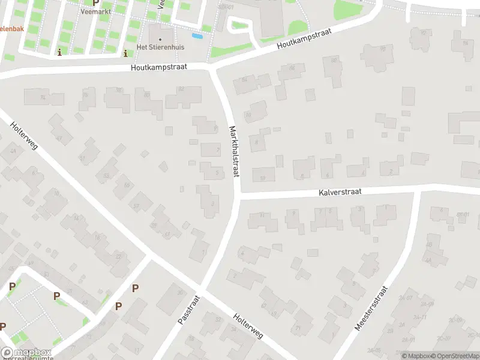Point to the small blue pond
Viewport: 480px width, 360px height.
[x=200, y=36]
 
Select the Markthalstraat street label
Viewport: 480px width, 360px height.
[x=234, y=151]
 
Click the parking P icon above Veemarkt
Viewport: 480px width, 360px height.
[x=95, y=2]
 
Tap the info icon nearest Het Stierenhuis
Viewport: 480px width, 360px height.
[x=125, y=53]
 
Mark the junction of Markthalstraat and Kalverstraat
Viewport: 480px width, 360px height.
[x=239, y=196]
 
